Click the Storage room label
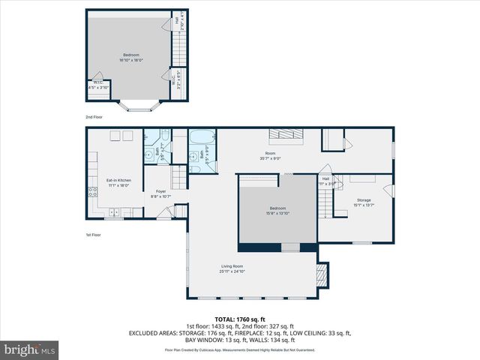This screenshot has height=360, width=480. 364,199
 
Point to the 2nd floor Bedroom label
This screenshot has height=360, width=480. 132,55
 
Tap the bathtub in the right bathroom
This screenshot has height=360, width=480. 202,138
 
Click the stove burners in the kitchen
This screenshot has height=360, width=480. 93,192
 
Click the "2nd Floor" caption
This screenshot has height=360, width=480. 94,118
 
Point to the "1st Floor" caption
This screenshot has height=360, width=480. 94,235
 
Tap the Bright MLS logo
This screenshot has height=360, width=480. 30,349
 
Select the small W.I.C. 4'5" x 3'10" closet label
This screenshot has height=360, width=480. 97,85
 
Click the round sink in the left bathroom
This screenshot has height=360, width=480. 150,156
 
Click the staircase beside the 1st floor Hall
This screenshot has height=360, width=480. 324,201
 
